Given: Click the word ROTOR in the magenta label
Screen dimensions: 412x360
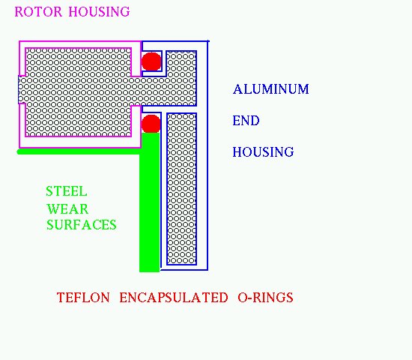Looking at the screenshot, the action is tap(38, 12).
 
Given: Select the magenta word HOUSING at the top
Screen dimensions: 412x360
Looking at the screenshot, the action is tap(100, 12).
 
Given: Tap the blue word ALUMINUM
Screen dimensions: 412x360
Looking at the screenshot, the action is tap(271, 89).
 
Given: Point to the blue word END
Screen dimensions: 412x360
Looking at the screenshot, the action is tap(246, 121).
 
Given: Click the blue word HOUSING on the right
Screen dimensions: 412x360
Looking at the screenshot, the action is tap(263, 151).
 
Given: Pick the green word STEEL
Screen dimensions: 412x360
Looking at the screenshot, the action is tap(67, 191).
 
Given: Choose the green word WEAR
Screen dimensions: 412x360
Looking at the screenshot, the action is tap(67, 209).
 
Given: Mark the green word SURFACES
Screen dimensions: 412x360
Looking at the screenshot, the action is tap(82, 225).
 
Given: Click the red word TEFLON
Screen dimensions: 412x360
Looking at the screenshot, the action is tap(83, 298).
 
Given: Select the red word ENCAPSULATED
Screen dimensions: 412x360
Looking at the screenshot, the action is tap(174, 298).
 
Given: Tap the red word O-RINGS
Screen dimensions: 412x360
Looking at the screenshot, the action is tap(265, 298).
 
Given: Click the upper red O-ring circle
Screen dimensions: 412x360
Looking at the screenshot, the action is tap(151, 61).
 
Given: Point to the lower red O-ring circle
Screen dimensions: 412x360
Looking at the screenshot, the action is tap(151, 124).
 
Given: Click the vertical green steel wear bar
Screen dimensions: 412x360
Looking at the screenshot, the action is tap(150, 202).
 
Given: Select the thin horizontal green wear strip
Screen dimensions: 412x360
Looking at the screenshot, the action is tap(79, 151).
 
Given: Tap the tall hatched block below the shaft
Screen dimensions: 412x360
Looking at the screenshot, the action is tap(181, 189).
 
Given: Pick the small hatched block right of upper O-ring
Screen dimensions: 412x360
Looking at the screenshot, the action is tap(181, 64).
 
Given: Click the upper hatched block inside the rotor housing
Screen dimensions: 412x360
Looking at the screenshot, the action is tap(79, 62).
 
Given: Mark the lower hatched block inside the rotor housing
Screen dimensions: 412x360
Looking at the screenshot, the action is tap(79, 120).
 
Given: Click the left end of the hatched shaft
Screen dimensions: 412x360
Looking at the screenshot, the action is tap(19, 90).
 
